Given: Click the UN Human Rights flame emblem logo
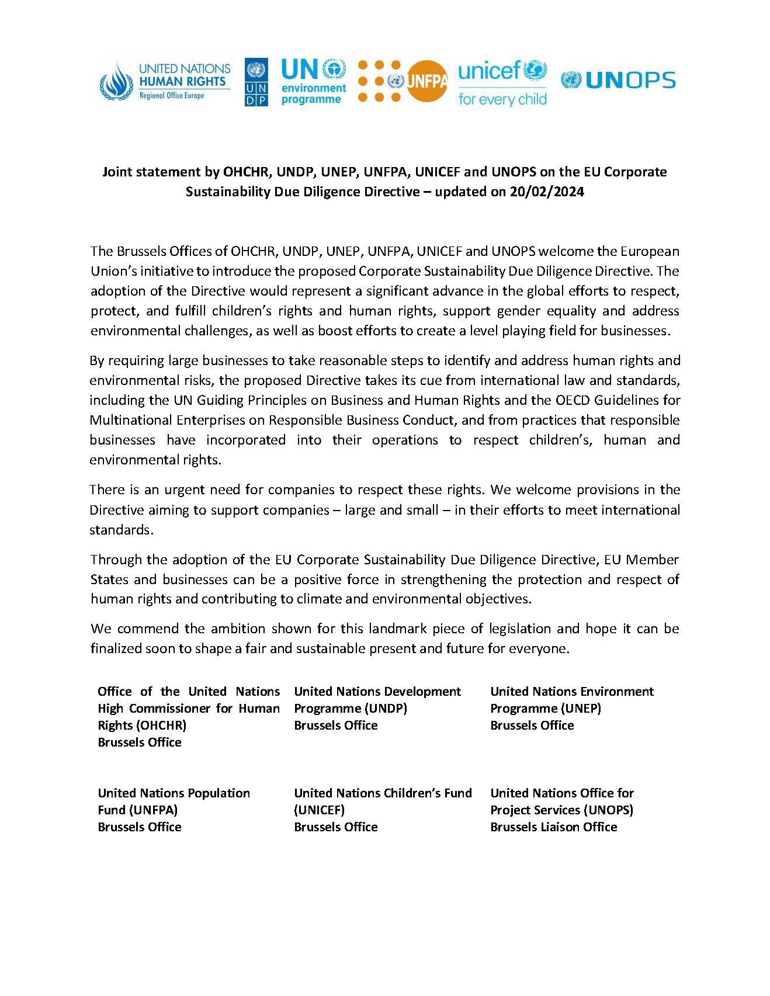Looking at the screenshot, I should point(117,81).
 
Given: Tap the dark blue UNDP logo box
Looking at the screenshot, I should point(256,82).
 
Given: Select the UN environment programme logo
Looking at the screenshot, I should point(314,81).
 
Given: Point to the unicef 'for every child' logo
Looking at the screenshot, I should point(502,82).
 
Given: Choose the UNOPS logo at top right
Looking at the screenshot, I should point(618,80).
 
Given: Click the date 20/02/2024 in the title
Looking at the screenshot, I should point(546,192).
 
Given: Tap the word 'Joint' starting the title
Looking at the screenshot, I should point(119,172).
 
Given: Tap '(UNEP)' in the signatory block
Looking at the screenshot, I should point(578,709).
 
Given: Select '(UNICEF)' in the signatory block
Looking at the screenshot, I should point(320,810).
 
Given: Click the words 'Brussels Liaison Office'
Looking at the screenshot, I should point(553,827).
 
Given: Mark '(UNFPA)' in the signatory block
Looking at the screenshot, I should point(154,810).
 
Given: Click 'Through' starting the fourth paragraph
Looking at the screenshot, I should point(117,560).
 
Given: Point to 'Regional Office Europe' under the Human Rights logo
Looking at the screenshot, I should point(172,96).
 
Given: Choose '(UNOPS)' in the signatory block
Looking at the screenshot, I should point(605,810).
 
